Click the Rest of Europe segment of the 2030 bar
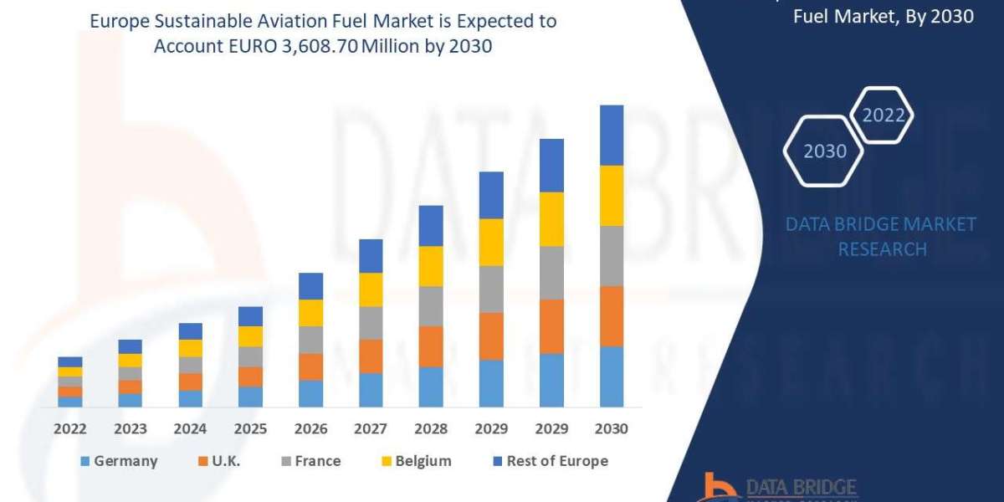pyautogui.click(x=612, y=135)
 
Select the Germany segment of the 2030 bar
pyautogui.click(x=612, y=376)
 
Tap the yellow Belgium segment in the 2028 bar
pyautogui.click(x=431, y=266)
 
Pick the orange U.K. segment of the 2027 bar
pyautogui.click(x=371, y=356)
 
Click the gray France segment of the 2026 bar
pyautogui.click(x=310, y=340)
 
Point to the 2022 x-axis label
pyautogui.click(x=70, y=428)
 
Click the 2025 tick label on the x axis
pyautogui.click(x=250, y=428)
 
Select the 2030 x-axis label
pyautogui.click(x=612, y=428)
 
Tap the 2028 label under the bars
pyautogui.click(x=431, y=428)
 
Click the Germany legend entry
pyautogui.click(x=119, y=461)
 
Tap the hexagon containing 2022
pyautogui.click(x=883, y=115)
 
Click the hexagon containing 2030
pyautogui.click(x=824, y=151)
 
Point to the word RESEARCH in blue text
pyautogui.click(x=882, y=249)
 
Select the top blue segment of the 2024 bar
pyautogui.click(x=190, y=331)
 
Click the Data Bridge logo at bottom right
pyautogui.click(x=778, y=487)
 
